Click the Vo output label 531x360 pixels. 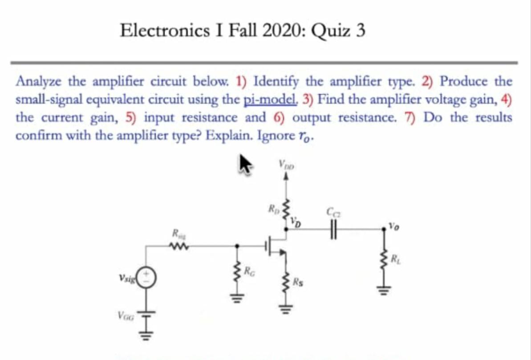(x=393, y=225)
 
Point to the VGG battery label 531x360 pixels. (x=124, y=316)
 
